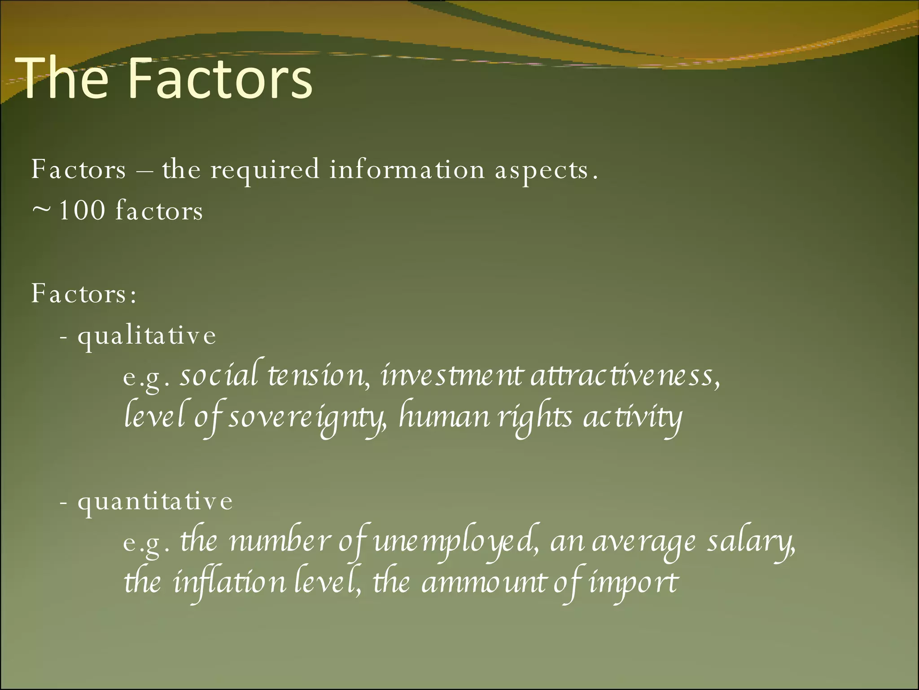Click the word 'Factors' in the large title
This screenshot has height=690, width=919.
220,79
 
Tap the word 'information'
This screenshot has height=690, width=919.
407,170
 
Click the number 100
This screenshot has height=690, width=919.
82,210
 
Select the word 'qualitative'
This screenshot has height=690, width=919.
147,336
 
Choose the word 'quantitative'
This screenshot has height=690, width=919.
155,502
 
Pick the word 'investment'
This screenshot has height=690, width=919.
451,375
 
